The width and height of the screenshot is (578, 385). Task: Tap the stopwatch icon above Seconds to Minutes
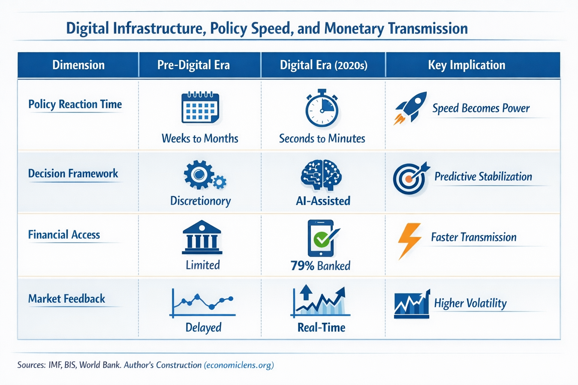tap(322, 109)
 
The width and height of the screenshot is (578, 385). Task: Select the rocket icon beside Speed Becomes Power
tap(411, 108)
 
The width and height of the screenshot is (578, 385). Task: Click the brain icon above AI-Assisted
tap(321, 175)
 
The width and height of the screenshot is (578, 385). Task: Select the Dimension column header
tap(78, 65)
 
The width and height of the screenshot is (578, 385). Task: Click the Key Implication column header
tap(467, 65)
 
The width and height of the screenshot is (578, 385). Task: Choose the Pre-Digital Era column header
tap(193, 65)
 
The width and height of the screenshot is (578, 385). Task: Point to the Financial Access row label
tap(64, 235)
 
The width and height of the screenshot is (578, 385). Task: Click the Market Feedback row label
tap(67, 299)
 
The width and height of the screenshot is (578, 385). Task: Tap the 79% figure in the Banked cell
tap(302, 266)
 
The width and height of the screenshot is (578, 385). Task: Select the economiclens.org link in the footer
tap(239, 365)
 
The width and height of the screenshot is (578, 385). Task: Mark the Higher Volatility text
tap(470, 303)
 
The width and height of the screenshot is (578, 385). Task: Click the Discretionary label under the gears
tap(201, 201)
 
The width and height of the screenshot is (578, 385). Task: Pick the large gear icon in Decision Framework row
tap(198, 174)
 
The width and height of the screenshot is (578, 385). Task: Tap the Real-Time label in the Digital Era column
tap(321, 327)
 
